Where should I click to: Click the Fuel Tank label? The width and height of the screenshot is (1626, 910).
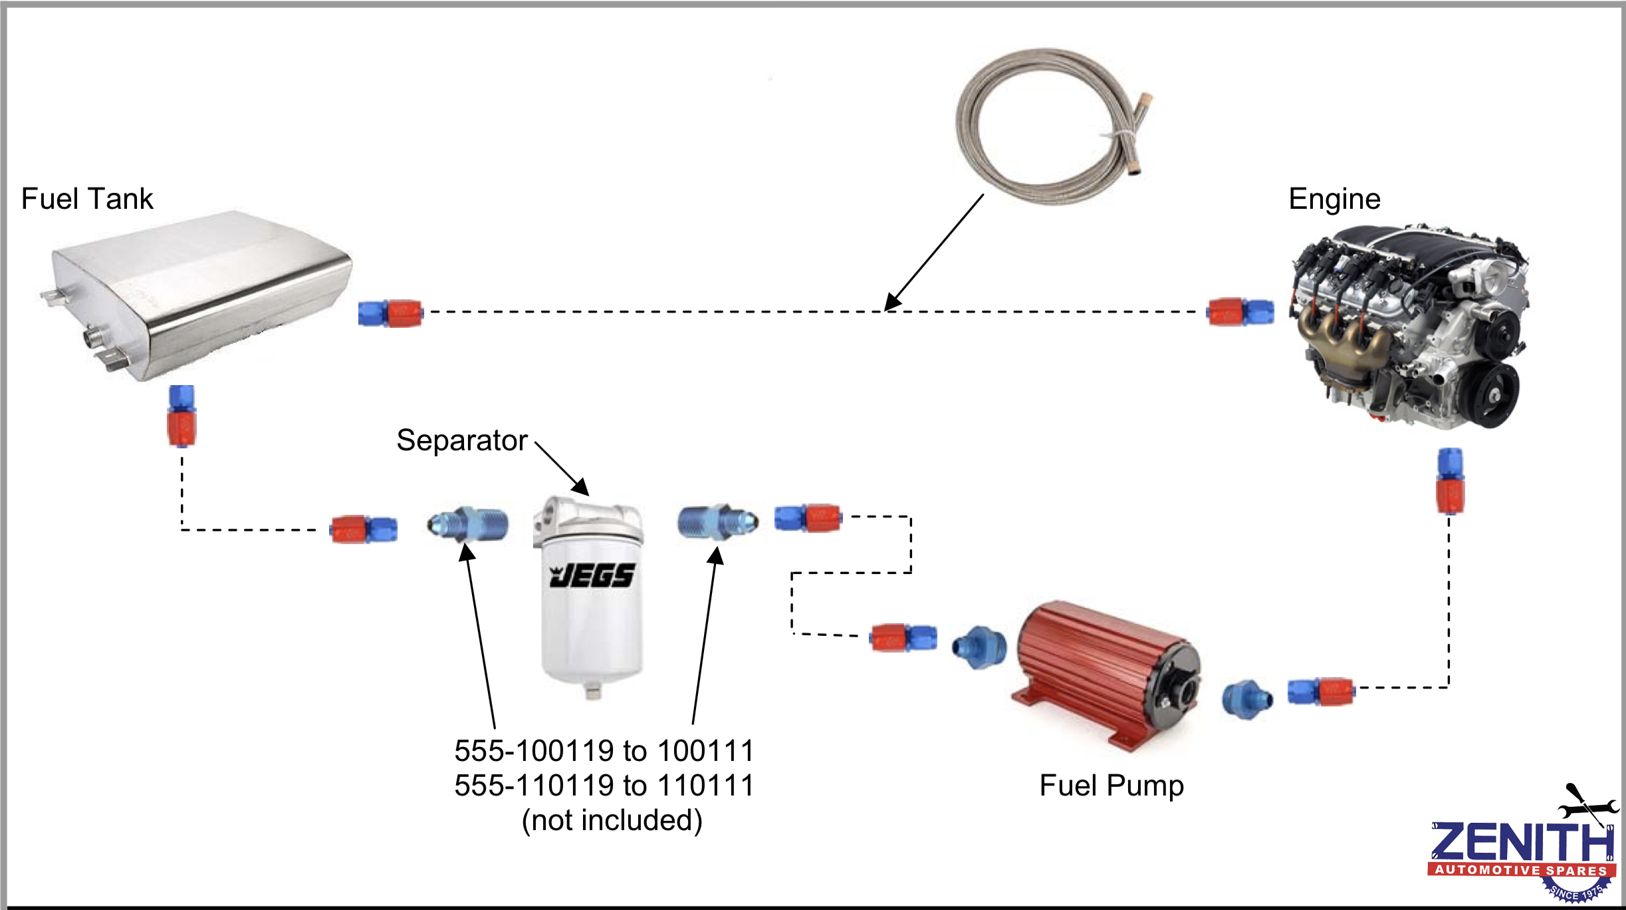click(x=87, y=199)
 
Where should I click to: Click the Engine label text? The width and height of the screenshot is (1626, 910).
click(x=1334, y=199)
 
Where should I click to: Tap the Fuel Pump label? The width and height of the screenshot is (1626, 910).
click(x=1111, y=786)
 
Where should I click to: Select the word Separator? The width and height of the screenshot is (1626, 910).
click(x=462, y=440)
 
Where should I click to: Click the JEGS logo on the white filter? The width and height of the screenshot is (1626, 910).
click(x=592, y=575)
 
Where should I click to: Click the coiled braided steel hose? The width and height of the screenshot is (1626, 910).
click(x=1050, y=126)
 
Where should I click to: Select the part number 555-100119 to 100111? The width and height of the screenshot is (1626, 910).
click(x=604, y=751)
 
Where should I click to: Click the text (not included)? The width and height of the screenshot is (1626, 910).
click(x=612, y=820)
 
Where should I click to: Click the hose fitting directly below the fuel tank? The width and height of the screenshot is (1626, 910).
click(x=181, y=416)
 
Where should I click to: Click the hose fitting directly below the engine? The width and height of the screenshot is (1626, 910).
click(x=1450, y=480)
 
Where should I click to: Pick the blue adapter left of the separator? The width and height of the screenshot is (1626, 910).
click(x=468, y=524)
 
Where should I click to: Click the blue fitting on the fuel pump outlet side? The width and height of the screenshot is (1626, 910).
click(x=1247, y=699)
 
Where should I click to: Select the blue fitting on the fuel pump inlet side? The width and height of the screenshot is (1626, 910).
click(x=979, y=647)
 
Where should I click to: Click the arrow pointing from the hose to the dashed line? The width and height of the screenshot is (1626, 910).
click(x=934, y=253)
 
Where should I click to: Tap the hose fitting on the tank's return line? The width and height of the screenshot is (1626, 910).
click(x=390, y=313)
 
